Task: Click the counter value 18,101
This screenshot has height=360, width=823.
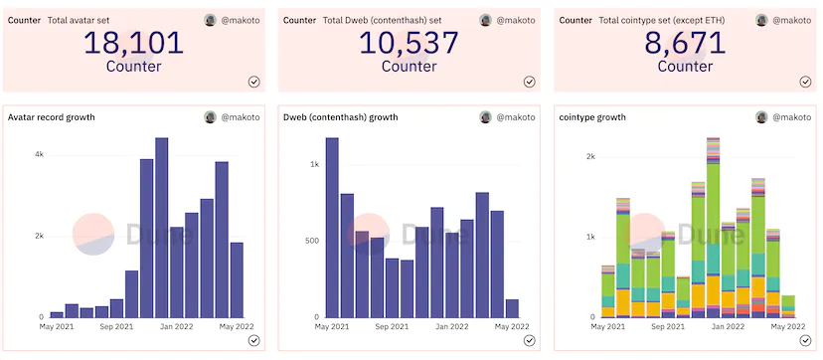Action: tap(134, 43)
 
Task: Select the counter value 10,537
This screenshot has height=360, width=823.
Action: tap(409, 43)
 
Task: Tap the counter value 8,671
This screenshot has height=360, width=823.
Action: tap(685, 43)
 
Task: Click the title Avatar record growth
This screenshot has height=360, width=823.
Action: tap(52, 117)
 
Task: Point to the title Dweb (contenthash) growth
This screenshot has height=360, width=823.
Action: tap(340, 117)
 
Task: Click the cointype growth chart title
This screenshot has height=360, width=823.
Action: tap(592, 117)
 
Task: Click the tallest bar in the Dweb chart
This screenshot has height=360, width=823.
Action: tap(332, 228)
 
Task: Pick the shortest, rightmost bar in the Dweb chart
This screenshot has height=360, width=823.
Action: tap(512, 308)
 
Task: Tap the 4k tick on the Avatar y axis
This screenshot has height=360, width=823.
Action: tap(40, 155)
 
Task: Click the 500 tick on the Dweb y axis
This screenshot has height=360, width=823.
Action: tap(313, 241)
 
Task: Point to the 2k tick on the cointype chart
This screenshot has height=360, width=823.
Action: tap(590, 156)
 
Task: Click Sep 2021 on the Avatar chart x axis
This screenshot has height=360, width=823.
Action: tap(116, 326)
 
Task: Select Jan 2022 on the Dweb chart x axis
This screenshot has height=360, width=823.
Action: tap(452, 326)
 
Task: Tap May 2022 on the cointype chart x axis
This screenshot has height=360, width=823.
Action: tap(788, 326)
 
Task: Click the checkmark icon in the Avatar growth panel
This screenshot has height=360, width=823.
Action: tap(254, 341)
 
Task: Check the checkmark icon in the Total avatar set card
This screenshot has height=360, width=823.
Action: tap(254, 82)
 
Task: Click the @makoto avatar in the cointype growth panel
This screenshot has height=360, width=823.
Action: tap(761, 117)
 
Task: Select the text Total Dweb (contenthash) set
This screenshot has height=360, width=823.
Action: tap(382, 21)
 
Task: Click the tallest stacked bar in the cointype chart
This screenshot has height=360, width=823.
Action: tap(714, 228)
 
